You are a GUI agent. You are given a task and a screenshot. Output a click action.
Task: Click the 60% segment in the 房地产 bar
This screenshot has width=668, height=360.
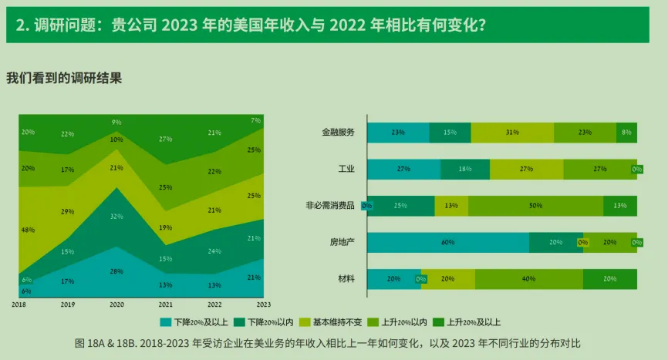click(447, 242)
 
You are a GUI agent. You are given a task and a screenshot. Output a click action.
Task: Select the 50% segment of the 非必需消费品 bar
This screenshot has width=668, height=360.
click(535, 206)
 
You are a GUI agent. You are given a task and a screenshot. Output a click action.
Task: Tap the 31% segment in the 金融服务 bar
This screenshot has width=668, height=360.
click(512, 133)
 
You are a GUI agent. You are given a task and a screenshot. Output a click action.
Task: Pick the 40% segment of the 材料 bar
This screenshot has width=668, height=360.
click(528, 279)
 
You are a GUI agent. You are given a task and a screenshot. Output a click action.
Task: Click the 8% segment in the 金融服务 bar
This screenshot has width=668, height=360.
click(626, 133)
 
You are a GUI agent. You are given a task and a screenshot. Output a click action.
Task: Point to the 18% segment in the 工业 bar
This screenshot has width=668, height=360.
click(464, 170)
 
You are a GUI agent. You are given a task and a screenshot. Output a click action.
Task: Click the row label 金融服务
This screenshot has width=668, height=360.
click(338, 133)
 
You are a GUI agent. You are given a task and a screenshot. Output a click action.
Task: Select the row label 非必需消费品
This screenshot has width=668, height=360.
click(330, 206)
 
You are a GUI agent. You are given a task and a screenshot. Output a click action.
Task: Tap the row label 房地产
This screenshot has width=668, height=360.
click(342, 242)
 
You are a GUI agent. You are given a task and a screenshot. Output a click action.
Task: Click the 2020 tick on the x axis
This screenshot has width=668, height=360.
click(116, 305)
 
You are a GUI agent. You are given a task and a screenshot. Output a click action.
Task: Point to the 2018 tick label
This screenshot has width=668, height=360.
click(19, 305)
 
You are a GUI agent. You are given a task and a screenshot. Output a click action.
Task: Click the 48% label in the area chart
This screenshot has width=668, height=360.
click(28, 230)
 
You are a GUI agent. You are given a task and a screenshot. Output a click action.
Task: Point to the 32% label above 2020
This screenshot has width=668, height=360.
click(116, 217)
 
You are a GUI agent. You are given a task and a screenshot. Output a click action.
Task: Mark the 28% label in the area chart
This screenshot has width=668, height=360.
click(116, 271)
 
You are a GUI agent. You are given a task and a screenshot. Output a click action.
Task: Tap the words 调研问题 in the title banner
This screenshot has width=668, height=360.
click(64, 24)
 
